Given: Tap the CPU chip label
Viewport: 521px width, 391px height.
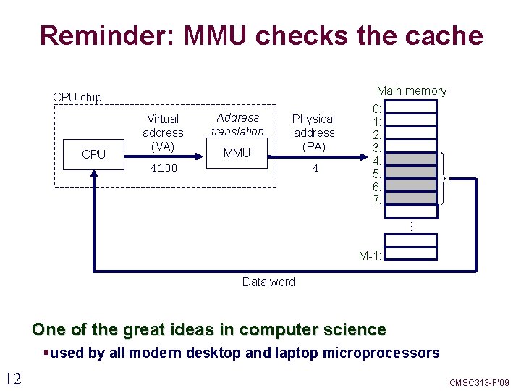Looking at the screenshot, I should click(x=77, y=97).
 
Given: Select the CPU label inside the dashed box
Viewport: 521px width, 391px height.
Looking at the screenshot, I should click(x=93, y=154).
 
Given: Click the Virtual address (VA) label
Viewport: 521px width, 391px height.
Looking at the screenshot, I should click(x=163, y=133).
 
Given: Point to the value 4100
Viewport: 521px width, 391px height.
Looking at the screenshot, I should click(x=163, y=168).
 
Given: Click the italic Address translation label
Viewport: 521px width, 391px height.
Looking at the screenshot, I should click(x=237, y=124).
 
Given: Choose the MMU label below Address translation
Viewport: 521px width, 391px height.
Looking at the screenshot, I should click(x=237, y=153).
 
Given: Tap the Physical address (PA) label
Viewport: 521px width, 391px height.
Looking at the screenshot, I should click(x=313, y=133).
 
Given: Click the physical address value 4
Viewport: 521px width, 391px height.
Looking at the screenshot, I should click(x=315, y=168).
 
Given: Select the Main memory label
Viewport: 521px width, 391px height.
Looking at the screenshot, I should click(x=411, y=91).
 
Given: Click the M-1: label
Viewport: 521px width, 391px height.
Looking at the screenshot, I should click(x=370, y=256).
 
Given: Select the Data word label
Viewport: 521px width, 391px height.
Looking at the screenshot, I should click(x=268, y=282).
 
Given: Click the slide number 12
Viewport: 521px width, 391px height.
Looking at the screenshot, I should click(x=13, y=377).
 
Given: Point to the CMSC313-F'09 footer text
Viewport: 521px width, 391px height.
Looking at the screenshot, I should click(x=480, y=382).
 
